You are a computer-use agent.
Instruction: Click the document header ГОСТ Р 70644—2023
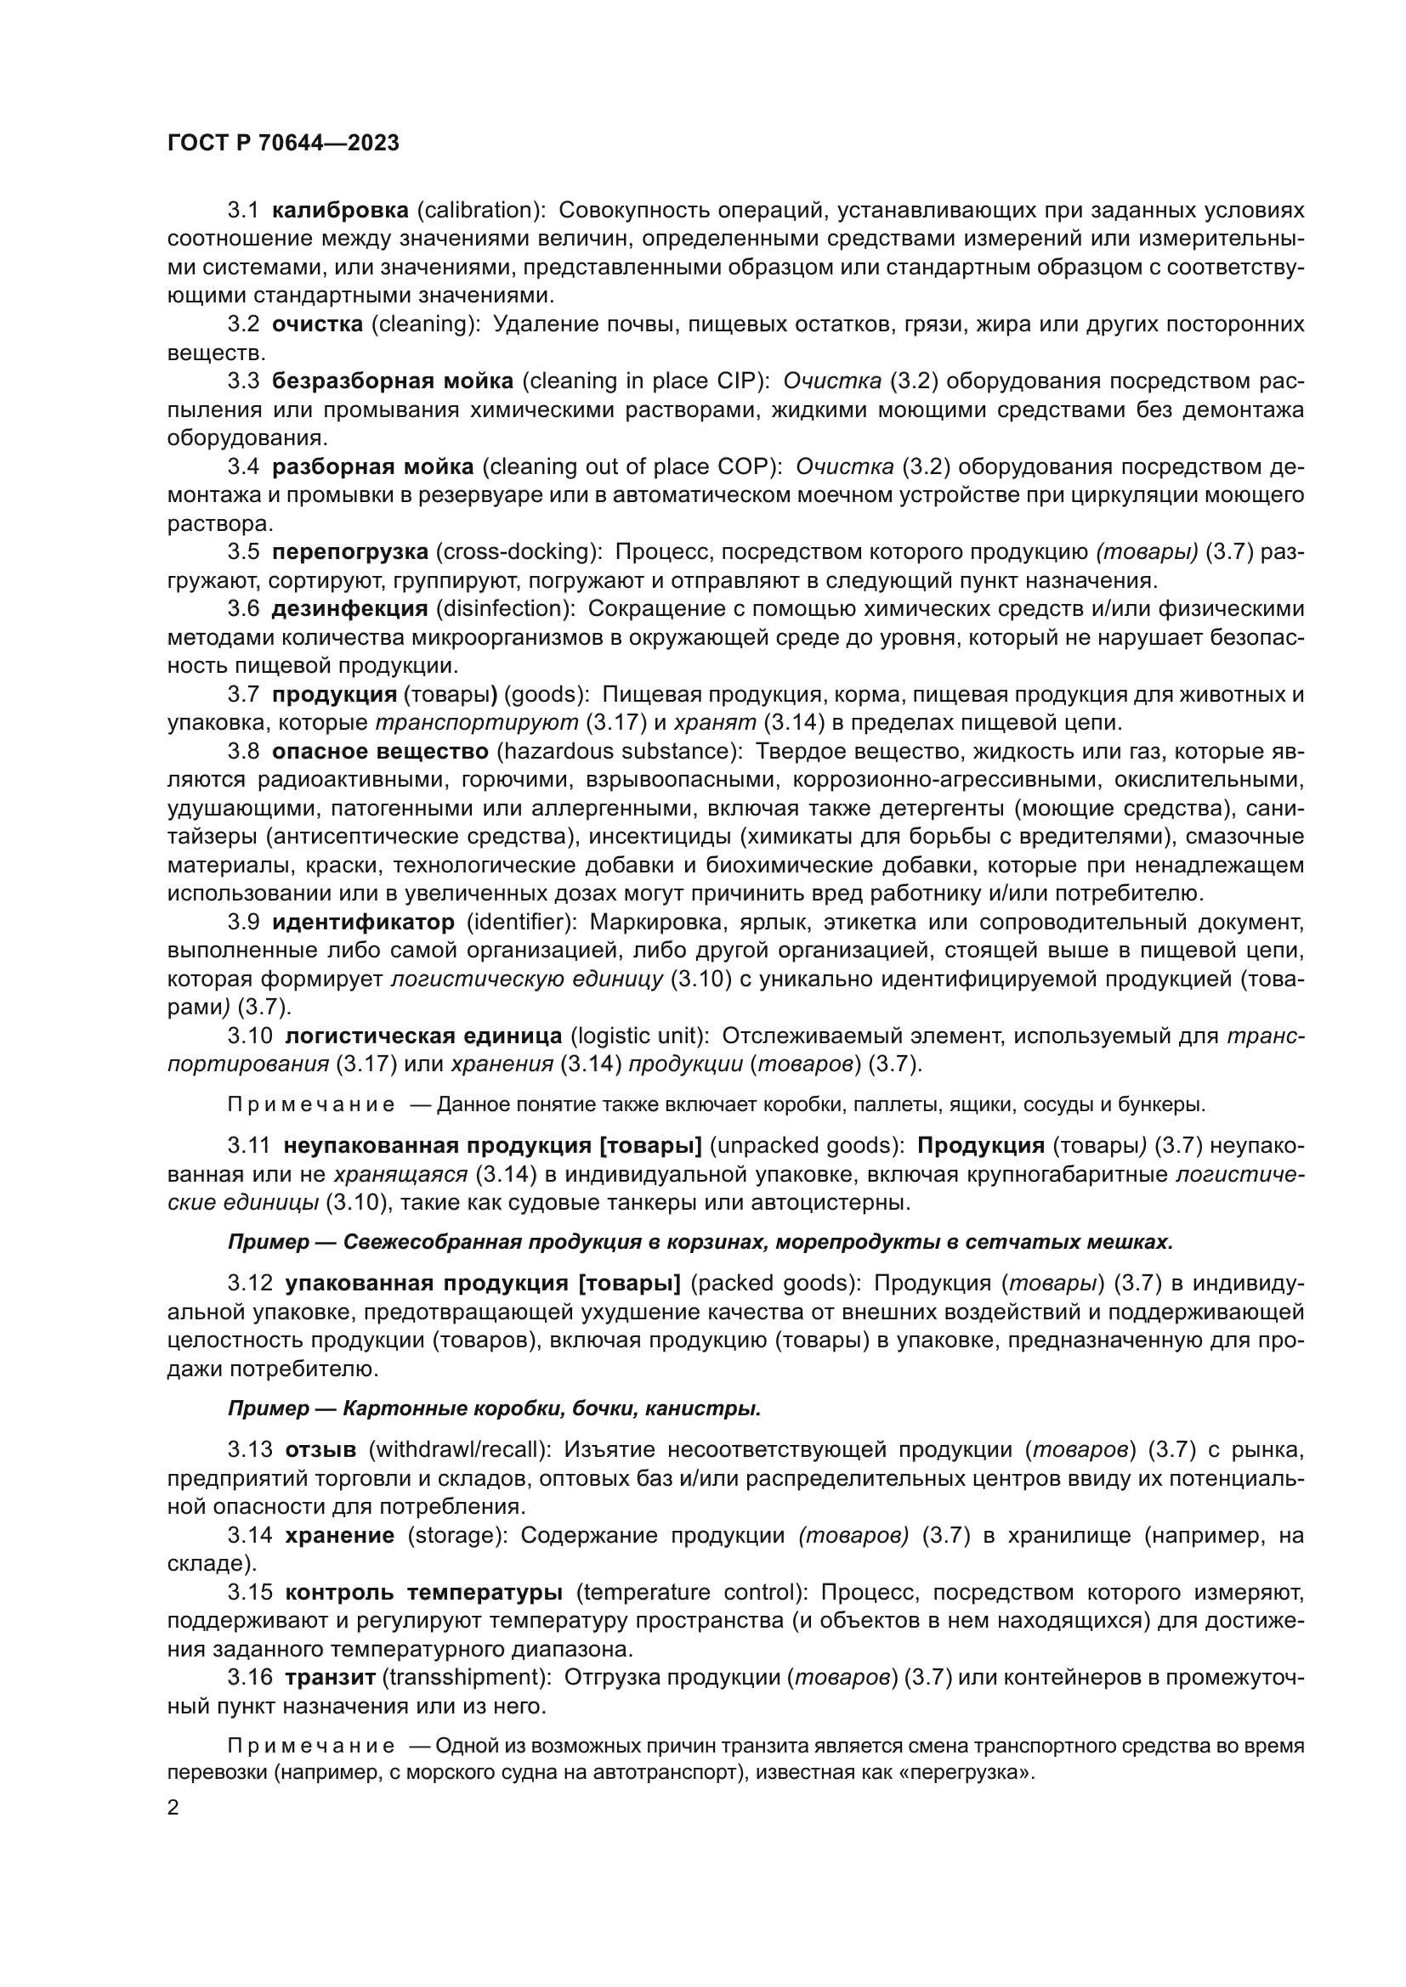283,144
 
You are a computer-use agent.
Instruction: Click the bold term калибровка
340,211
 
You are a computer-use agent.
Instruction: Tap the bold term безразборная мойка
392,381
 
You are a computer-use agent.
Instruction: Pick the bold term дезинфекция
349,608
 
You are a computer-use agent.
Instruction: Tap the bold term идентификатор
363,921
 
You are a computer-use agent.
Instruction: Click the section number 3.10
250,1035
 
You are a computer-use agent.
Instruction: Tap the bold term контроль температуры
423,1591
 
